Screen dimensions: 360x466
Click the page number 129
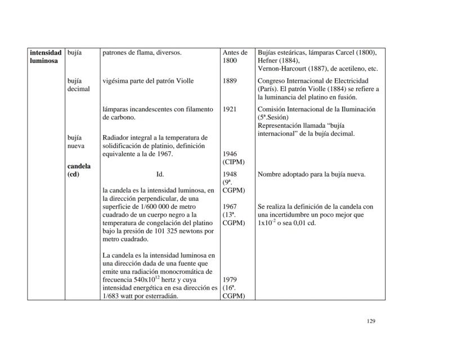370,321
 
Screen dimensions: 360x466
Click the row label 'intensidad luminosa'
46,57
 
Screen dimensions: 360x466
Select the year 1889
230,81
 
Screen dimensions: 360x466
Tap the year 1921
230,109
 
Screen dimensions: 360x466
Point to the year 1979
230,279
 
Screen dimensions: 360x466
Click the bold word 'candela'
79,166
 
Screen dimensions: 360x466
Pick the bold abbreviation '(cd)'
74,174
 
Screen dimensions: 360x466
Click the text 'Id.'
160,174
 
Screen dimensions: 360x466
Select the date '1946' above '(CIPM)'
230,154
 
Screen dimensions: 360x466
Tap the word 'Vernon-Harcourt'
283,69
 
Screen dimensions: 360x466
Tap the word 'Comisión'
274,109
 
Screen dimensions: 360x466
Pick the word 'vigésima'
117,81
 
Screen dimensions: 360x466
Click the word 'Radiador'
118,138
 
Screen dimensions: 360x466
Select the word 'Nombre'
271,174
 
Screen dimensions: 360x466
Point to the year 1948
230,174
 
